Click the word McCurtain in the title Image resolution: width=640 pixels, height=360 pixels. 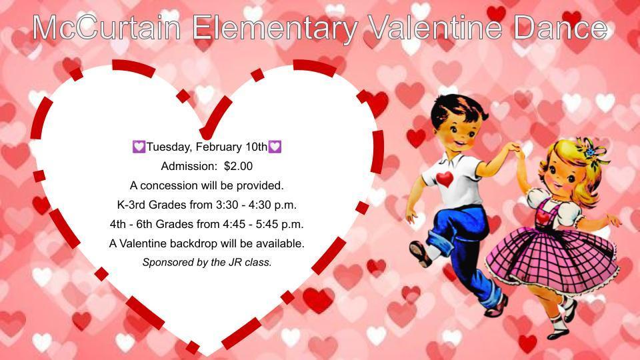pyautogui.click(x=107, y=28)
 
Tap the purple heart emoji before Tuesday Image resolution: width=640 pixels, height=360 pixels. pyautogui.click(x=139, y=147)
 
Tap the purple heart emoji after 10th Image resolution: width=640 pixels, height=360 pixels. pyautogui.click(x=275, y=147)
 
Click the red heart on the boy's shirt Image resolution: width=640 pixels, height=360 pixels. pyautogui.click(x=445, y=179)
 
